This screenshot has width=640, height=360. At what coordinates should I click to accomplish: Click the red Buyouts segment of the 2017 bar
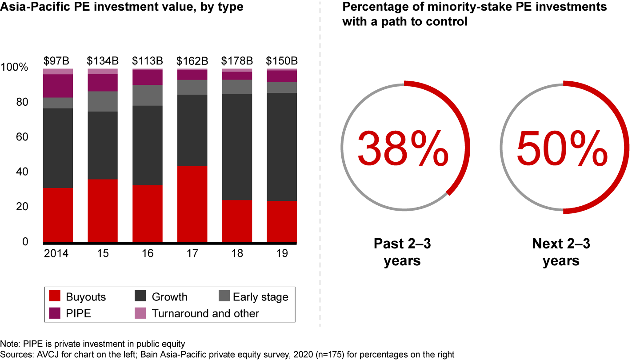coord(192,204)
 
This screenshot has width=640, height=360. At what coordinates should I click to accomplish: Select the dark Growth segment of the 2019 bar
coord(282,147)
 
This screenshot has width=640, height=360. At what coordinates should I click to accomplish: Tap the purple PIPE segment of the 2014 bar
coord(58,86)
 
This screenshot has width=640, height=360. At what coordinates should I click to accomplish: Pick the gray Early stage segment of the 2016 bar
coord(147,95)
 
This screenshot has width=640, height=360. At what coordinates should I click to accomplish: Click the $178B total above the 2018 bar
coord(237,60)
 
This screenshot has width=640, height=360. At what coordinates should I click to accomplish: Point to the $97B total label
coord(58,60)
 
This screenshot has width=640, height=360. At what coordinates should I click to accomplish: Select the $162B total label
coord(192,60)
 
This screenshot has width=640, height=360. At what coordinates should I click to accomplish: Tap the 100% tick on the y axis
coord(15,68)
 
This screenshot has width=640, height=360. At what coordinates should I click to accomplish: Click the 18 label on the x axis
coord(237,254)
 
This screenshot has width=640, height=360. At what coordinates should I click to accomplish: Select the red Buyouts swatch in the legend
coord(55,296)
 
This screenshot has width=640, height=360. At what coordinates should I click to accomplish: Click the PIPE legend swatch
coord(55,313)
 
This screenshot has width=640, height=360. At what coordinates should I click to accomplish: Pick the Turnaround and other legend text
coord(205,313)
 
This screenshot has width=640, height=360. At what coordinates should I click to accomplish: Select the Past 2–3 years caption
coord(402,252)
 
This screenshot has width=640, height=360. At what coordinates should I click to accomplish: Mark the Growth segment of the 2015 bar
coord(103,145)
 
